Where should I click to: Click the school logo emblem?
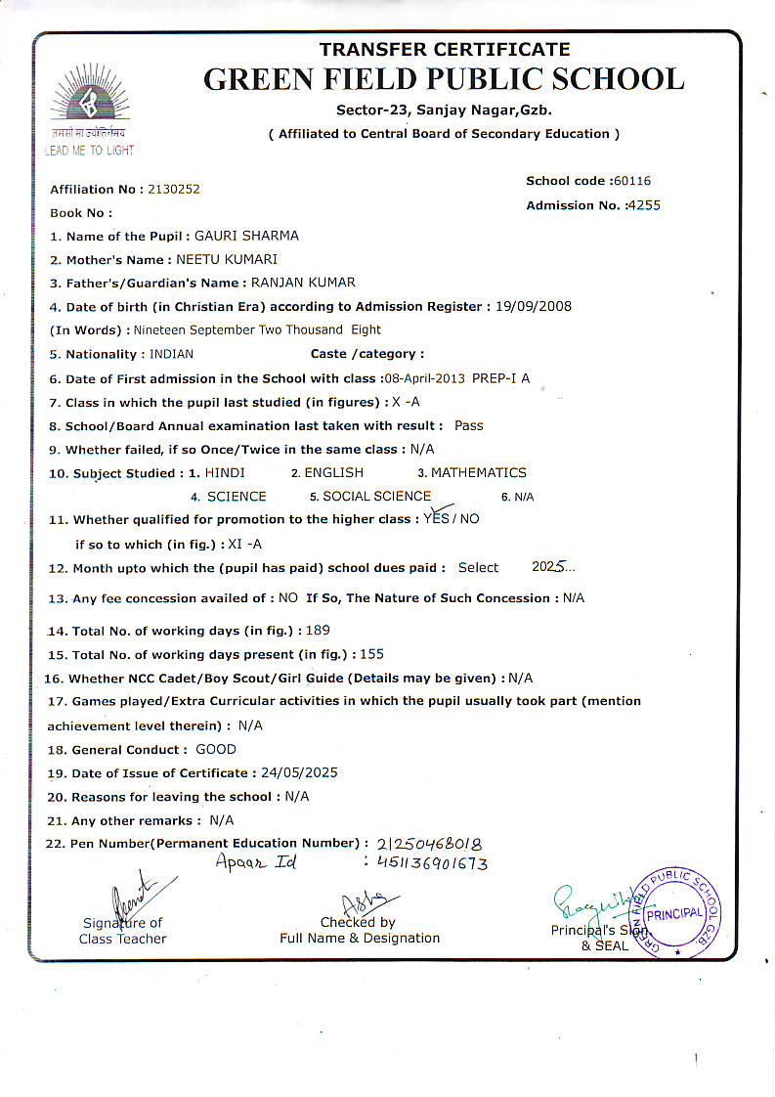89,103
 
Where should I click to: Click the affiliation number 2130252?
174,189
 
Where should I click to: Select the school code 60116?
631,181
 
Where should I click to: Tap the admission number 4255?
644,205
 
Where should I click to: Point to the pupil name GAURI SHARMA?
247,236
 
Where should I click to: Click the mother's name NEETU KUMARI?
227,259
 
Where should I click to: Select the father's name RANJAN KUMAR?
303,283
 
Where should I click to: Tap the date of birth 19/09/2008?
533,306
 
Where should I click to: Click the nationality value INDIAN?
170,354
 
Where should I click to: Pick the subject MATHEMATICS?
479,472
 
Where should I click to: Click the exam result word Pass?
469,425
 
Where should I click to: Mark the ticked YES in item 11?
436,518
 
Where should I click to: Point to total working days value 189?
318,631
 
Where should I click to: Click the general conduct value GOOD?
216,749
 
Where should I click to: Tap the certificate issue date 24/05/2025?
294,772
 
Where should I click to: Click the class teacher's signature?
129,895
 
